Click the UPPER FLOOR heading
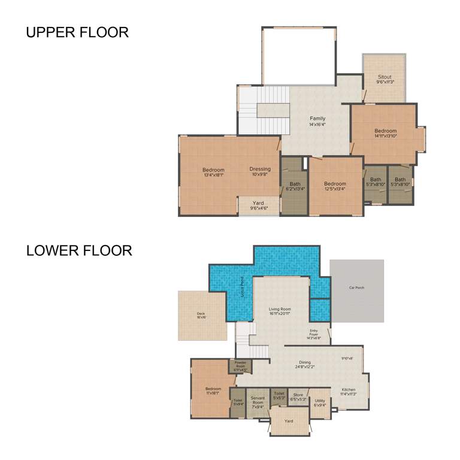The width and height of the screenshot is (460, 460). coord(77,32)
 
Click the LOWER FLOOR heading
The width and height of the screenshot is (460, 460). coord(79,250)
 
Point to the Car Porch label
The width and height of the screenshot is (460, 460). coord(356,287)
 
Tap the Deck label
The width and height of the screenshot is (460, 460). coord(201,315)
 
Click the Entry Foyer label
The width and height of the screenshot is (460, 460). coord(314,334)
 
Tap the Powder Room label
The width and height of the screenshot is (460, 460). coord(240,364)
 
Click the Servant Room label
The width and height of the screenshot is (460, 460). coord(258,400)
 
